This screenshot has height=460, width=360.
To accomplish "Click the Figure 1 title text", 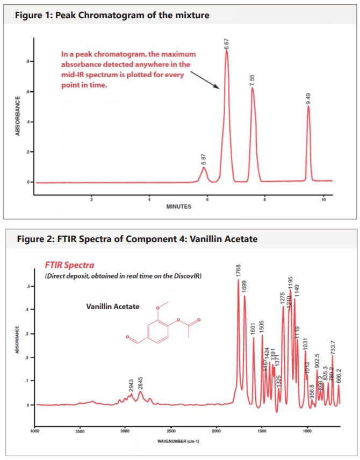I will pyautogui.click(x=112, y=15).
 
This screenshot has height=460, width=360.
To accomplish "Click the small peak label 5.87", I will pyautogui.click(x=204, y=159).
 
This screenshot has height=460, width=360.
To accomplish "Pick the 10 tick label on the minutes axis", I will pyautogui.click(x=323, y=200).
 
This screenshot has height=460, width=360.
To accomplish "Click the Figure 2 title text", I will pyautogui.click(x=137, y=238).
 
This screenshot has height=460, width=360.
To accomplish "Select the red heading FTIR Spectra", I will pyautogui.click(x=69, y=265).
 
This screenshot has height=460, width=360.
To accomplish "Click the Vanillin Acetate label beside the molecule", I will pyautogui.click(x=112, y=306).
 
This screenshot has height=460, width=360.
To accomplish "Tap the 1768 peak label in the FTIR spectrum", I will pyautogui.click(x=238, y=271).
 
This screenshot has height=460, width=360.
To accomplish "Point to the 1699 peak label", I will pyautogui.click(x=244, y=286).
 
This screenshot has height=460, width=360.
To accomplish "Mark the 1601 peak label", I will pyautogui.click(x=254, y=329).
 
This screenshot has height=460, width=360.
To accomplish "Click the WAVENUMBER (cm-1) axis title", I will pyautogui.click(x=178, y=441).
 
